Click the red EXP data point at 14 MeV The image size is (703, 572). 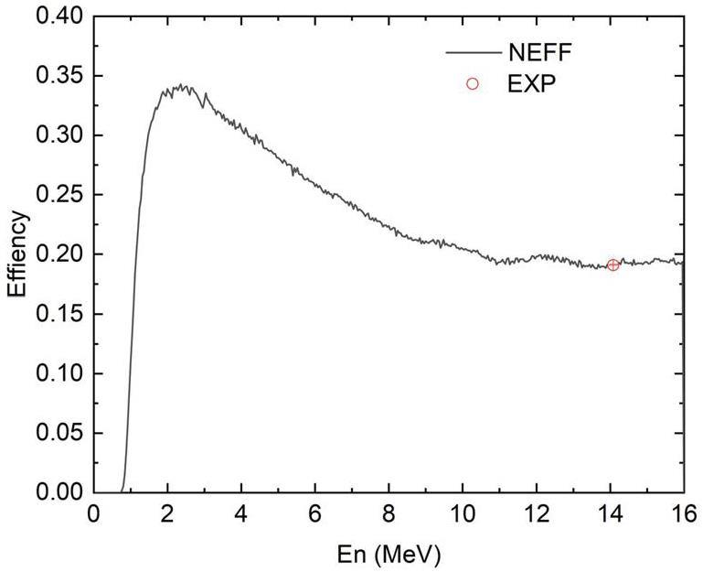click(612, 265)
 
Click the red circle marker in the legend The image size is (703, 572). click(473, 83)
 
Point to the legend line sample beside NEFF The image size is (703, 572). click(473, 52)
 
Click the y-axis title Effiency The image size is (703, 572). click(17, 254)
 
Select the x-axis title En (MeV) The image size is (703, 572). click(389, 555)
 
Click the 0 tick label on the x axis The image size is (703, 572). click(93, 513)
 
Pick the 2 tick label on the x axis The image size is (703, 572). click(167, 513)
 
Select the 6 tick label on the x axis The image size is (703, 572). click(315, 513)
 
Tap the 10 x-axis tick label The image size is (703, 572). click(463, 513)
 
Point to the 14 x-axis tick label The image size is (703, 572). click(611, 513)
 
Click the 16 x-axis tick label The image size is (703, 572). click(684, 513)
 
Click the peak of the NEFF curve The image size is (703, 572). click(183, 86)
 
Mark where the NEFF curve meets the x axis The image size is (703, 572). click(122, 491)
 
